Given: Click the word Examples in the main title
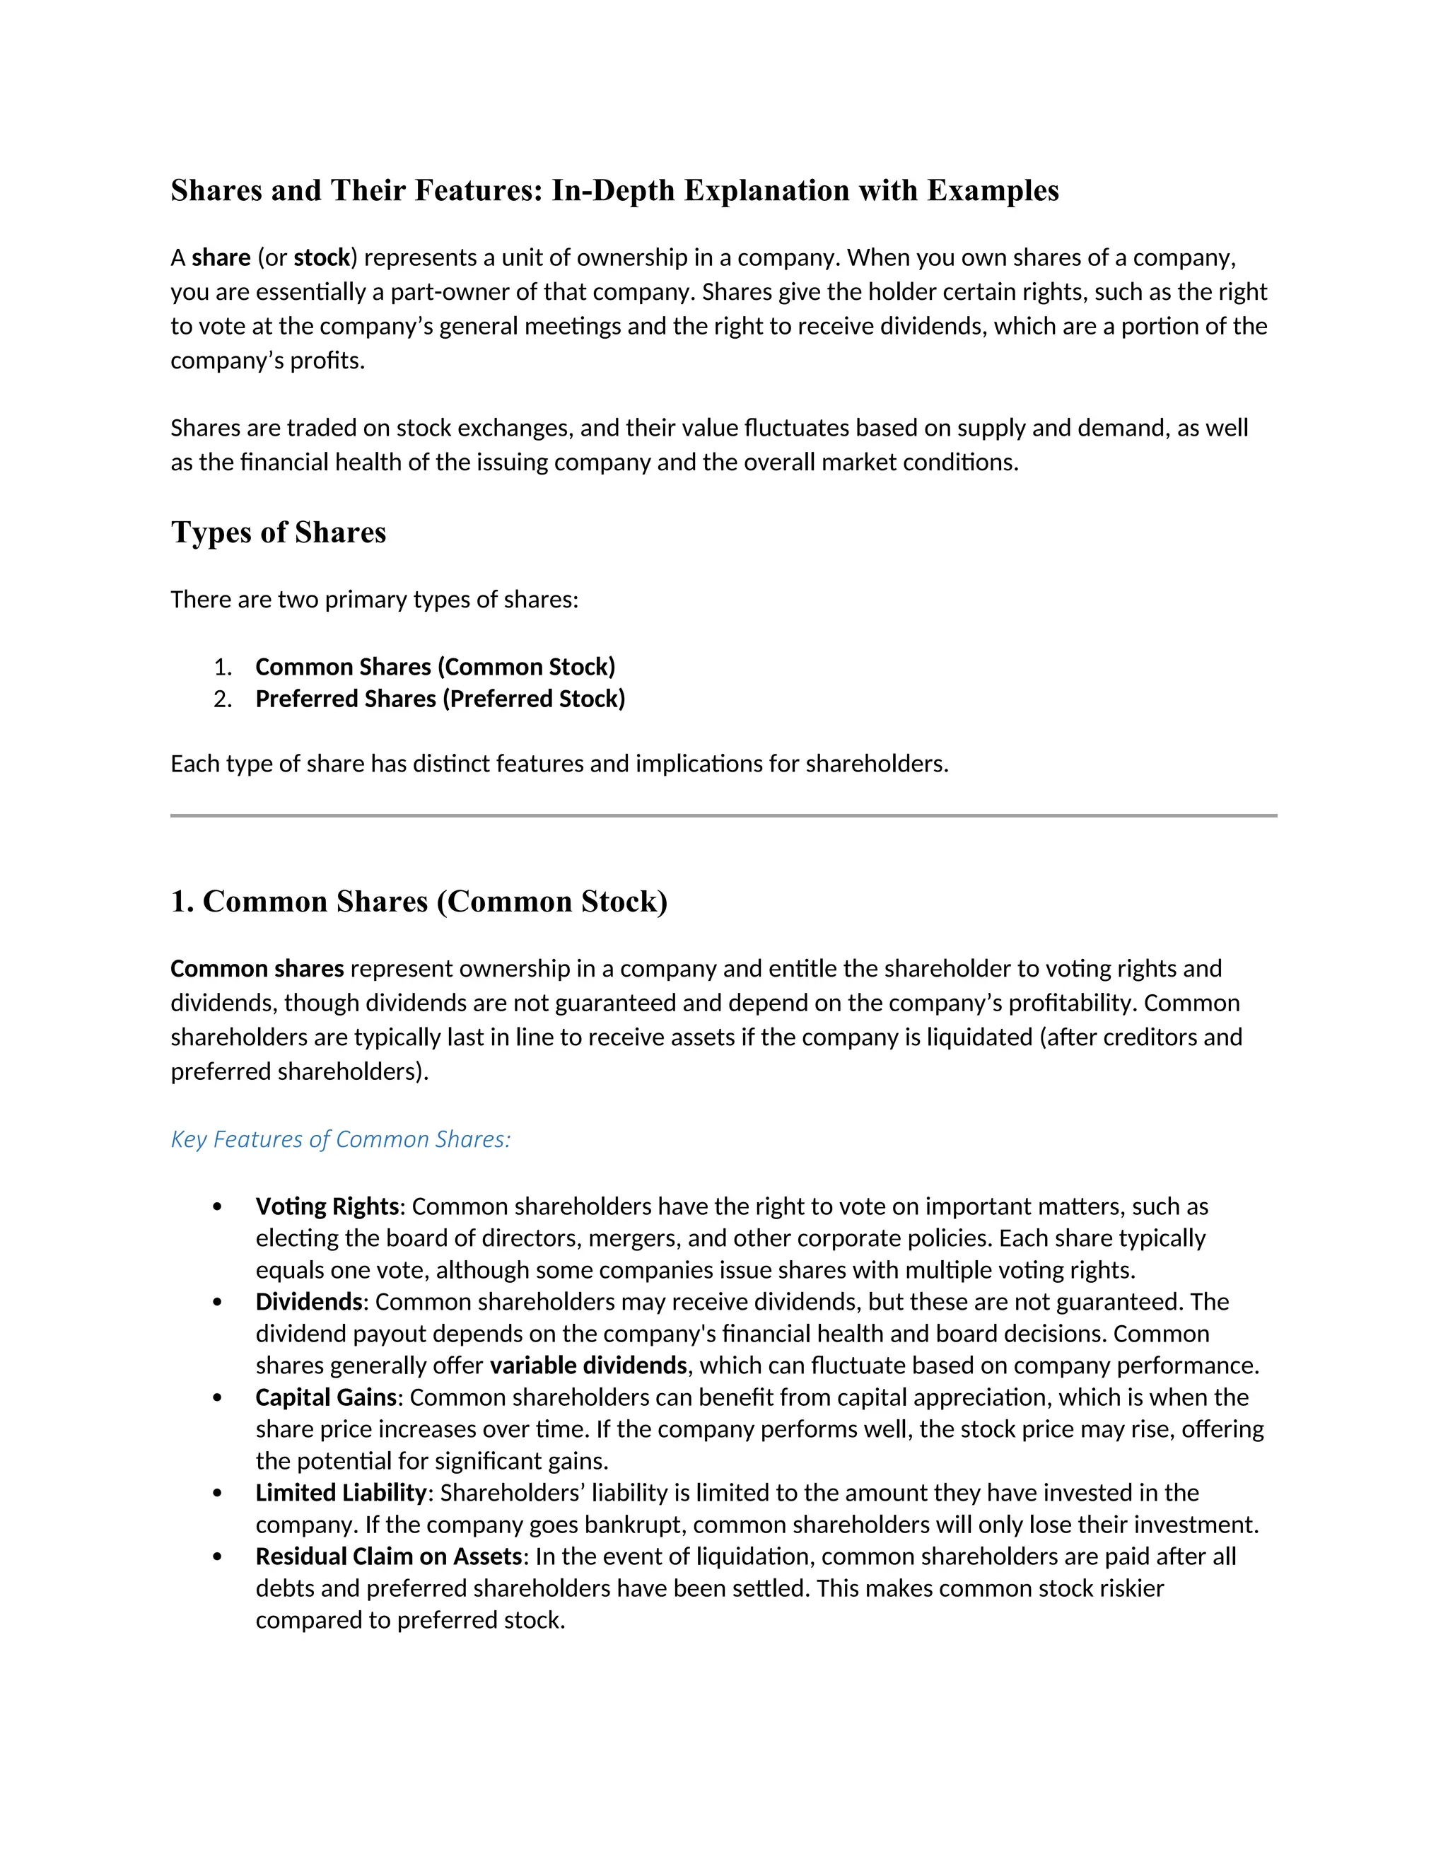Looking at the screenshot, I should pos(993,190).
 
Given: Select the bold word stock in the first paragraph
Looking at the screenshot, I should pos(322,257).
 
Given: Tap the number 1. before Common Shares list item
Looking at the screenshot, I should pos(222,667).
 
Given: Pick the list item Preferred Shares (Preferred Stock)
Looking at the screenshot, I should pos(440,699).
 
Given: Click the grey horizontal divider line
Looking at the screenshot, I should pos(723,815).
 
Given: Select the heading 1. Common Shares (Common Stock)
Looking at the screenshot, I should pos(419,901).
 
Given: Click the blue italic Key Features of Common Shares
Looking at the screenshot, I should pos(341,1139).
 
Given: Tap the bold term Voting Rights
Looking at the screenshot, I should pos(327,1206).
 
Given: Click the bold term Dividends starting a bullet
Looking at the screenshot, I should pos(309,1302).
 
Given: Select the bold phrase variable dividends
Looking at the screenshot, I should pos(588,1365).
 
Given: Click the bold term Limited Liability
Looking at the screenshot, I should pos(341,1492).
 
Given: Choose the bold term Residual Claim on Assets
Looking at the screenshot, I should pos(389,1556).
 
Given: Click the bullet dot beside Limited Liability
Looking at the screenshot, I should pos(217,1493).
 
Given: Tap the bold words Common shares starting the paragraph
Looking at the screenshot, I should pos(257,969).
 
